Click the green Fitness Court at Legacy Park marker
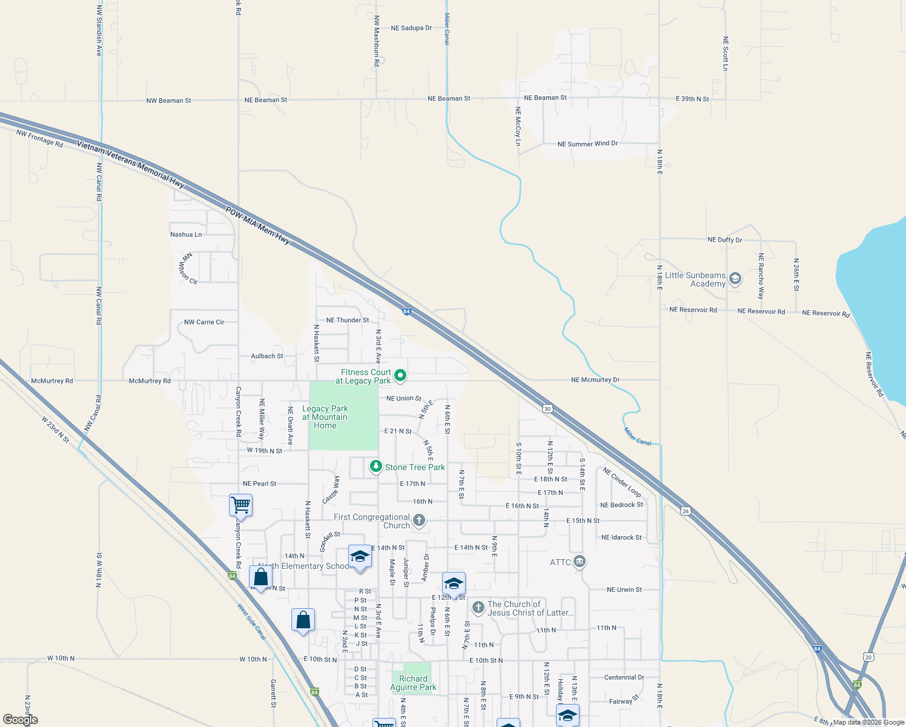tap(400, 376)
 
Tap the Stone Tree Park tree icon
tap(376, 466)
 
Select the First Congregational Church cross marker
tap(418, 520)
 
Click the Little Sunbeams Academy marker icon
tap(735, 279)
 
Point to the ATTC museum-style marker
tap(580, 562)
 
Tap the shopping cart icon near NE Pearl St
tap(240, 504)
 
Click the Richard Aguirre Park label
tap(413, 683)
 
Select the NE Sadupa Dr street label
tap(411, 28)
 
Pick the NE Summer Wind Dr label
tap(587, 144)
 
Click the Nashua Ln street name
tap(186, 234)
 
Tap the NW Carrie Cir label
tap(204, 322)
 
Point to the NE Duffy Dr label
tap(724, 240)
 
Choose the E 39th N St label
tap(692, 99)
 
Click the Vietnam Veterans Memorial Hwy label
tap(130, 164)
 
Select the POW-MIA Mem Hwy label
tap(257, 226)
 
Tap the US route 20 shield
tap(869, 657)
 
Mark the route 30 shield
tap(547, 408)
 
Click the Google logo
tap(21, 720)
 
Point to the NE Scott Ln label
tap(726, 53)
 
